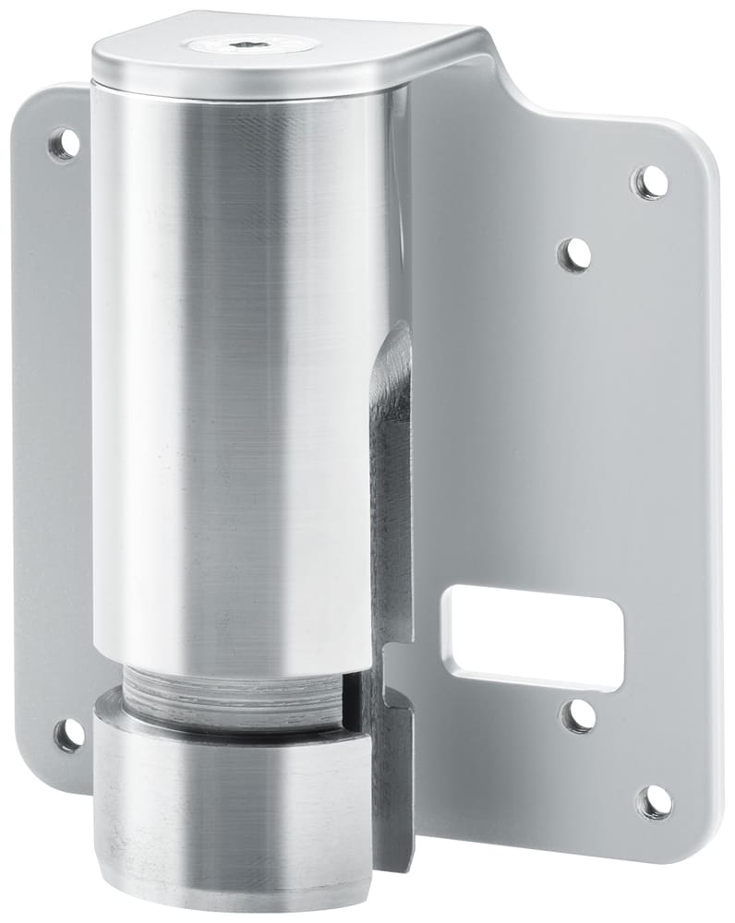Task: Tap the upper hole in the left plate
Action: click(x=63, y=144)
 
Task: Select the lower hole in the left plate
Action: click(x=68, y=735)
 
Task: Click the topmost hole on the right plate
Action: click(x=650, y=182)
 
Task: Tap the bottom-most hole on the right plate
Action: click(x=655, y=801)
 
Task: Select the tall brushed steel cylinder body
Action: click(x=240, y=369)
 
